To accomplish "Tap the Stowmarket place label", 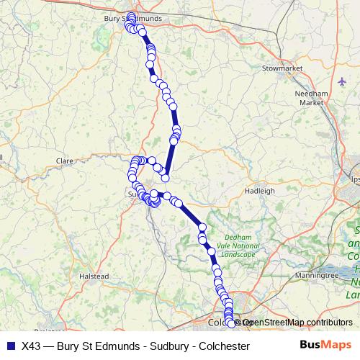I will [281, 68].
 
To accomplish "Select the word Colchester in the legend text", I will [222, 346].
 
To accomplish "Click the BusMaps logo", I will [325, 345].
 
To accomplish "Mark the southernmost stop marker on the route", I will [231, 324].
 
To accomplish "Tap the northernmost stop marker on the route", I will [132, 15].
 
